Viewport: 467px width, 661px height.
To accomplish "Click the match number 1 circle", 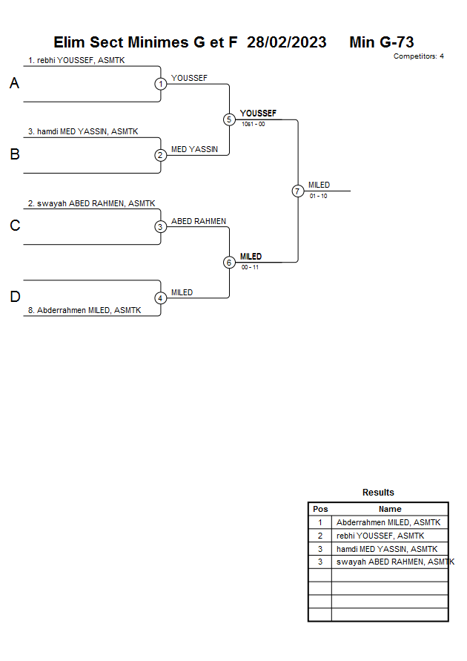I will coord(161,84).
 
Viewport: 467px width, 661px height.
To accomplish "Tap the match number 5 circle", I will coord(229,119).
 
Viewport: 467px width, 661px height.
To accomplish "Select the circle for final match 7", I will coord(298,191).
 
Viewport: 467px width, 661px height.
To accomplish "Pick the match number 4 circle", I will coord(161,298).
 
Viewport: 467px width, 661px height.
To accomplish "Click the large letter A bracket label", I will coord(14,84).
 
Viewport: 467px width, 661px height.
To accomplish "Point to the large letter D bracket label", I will coord(14,297).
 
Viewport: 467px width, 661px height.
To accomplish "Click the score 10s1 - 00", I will coord(253,125).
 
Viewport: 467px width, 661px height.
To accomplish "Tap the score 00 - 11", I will coord(250,267).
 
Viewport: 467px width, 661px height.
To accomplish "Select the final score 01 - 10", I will coord(319,196).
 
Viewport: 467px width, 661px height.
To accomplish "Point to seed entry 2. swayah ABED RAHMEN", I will coord(91,203).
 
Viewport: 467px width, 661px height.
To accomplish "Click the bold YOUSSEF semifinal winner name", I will coord(258,114).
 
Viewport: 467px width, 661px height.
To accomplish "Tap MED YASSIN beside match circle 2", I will coord(194,149).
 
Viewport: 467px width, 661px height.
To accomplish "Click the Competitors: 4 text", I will coord(419,56).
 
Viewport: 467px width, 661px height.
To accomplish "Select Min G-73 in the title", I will coord(381,42).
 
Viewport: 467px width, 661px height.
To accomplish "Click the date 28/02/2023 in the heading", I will coord(287,42).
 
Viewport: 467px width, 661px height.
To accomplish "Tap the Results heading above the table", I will coord(378,493).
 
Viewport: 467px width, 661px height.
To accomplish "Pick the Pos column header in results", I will coord(320,509).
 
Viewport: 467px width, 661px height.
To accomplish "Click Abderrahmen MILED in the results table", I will coord(388,522).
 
